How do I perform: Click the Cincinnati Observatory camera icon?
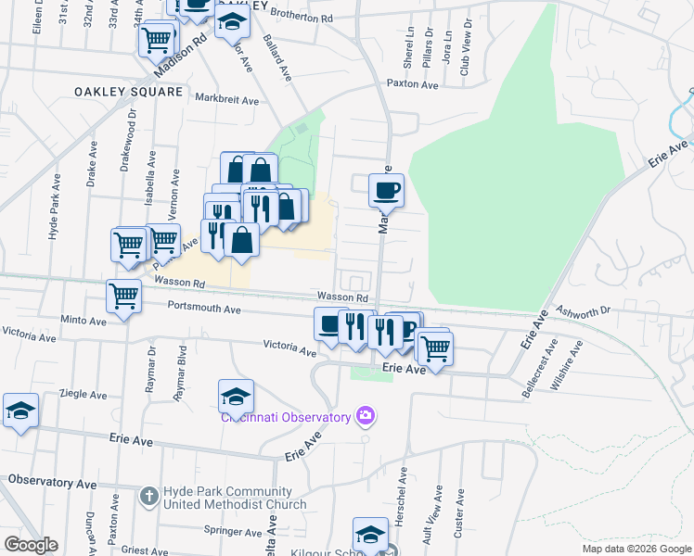coord(366,416)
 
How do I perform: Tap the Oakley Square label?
coord(129,92)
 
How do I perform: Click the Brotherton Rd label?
coord(302,17)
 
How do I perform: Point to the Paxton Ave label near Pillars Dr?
coord(412,84)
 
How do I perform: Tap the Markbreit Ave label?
coord(226,97)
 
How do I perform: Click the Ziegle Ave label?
coord(84,393)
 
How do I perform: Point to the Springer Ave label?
coord(233,532)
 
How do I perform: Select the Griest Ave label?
coord(144,550)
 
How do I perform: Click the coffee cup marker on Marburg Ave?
coord(386,191)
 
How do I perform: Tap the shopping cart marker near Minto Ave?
coord(123,297)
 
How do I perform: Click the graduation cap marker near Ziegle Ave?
coord(20,411)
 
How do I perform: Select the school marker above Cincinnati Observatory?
coord(237,397)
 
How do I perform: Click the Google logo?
coord(31,545)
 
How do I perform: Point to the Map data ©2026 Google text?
coord(636,549)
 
